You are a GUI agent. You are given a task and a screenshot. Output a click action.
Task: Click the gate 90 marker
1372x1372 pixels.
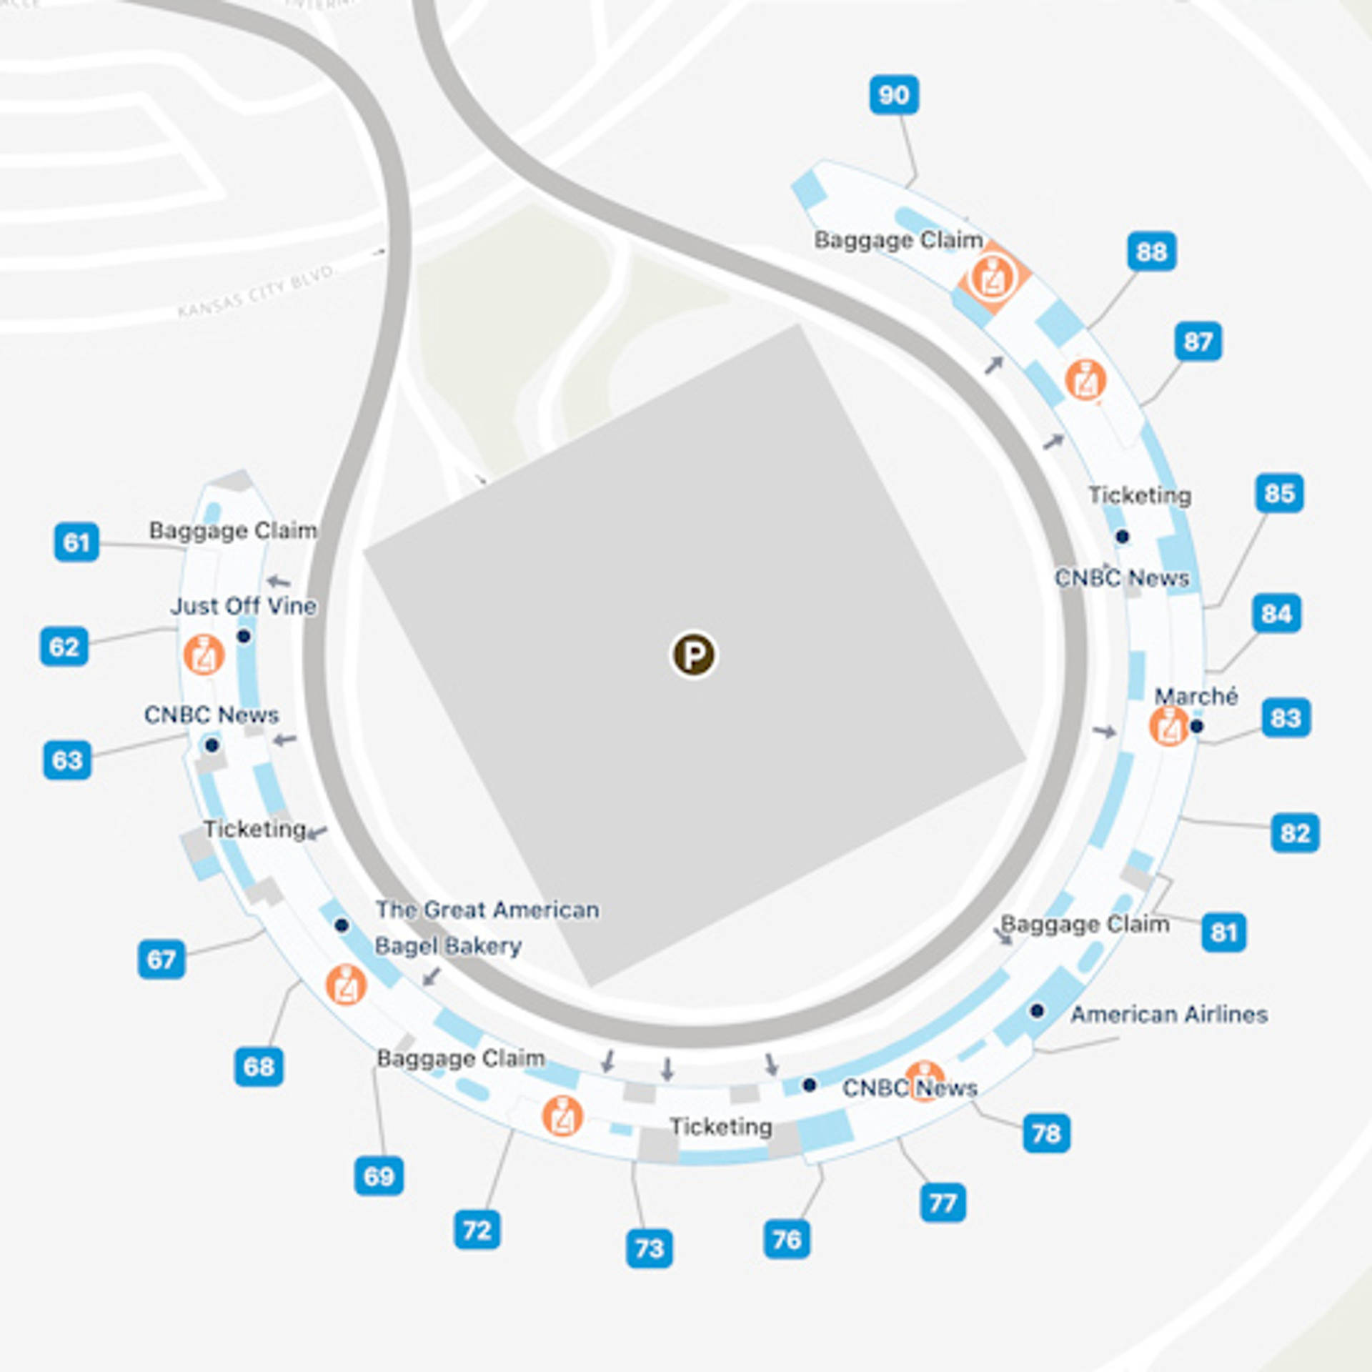click(x=894, y=94)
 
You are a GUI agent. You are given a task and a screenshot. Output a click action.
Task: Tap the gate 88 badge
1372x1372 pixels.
click(x=1152, y=252)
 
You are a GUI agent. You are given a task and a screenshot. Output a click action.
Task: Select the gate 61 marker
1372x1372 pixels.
click(x=76, y=542)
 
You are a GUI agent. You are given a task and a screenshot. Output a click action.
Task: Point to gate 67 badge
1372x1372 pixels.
click(x=161, y=959)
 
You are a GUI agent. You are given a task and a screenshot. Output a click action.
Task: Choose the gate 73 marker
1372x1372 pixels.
click(x=649, y=1248)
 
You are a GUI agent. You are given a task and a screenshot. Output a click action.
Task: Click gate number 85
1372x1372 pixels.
click(x=1279, y=493)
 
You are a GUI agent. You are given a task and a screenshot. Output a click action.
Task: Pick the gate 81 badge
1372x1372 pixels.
click(x=1223, y=932)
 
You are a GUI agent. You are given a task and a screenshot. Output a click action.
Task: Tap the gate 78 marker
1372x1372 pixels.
click(x=1046, y=1133)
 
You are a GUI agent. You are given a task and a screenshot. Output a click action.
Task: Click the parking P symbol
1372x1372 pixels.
click(x=693, y=655)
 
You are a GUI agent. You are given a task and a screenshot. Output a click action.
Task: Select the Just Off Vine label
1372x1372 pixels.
click(x=244, y=606)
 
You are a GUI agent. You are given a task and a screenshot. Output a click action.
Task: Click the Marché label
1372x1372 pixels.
click(x=1196, y=696)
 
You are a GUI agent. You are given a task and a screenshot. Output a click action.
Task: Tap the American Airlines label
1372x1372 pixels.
click(x=1169, y=1014)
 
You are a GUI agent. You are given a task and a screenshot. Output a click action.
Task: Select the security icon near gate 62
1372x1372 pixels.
click(x=204, y=655)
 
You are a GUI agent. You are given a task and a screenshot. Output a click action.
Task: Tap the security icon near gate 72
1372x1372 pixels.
click(x=562, y=1115)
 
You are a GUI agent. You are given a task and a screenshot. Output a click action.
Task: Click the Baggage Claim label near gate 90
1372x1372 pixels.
click(x=898, y=239)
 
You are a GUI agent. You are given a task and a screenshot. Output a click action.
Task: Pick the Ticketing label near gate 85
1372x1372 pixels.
click(x=1139, y=495)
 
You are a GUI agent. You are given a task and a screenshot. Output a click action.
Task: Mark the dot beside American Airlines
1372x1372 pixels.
click(x=1037, y=1010)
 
